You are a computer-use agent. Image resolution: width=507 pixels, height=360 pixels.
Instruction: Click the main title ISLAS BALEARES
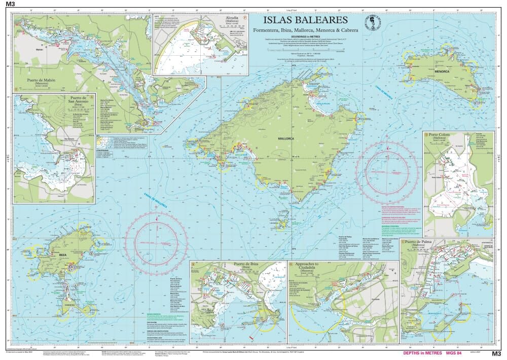[x=305, y=20]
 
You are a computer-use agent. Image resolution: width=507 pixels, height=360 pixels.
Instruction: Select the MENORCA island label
[x=442, y=72]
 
